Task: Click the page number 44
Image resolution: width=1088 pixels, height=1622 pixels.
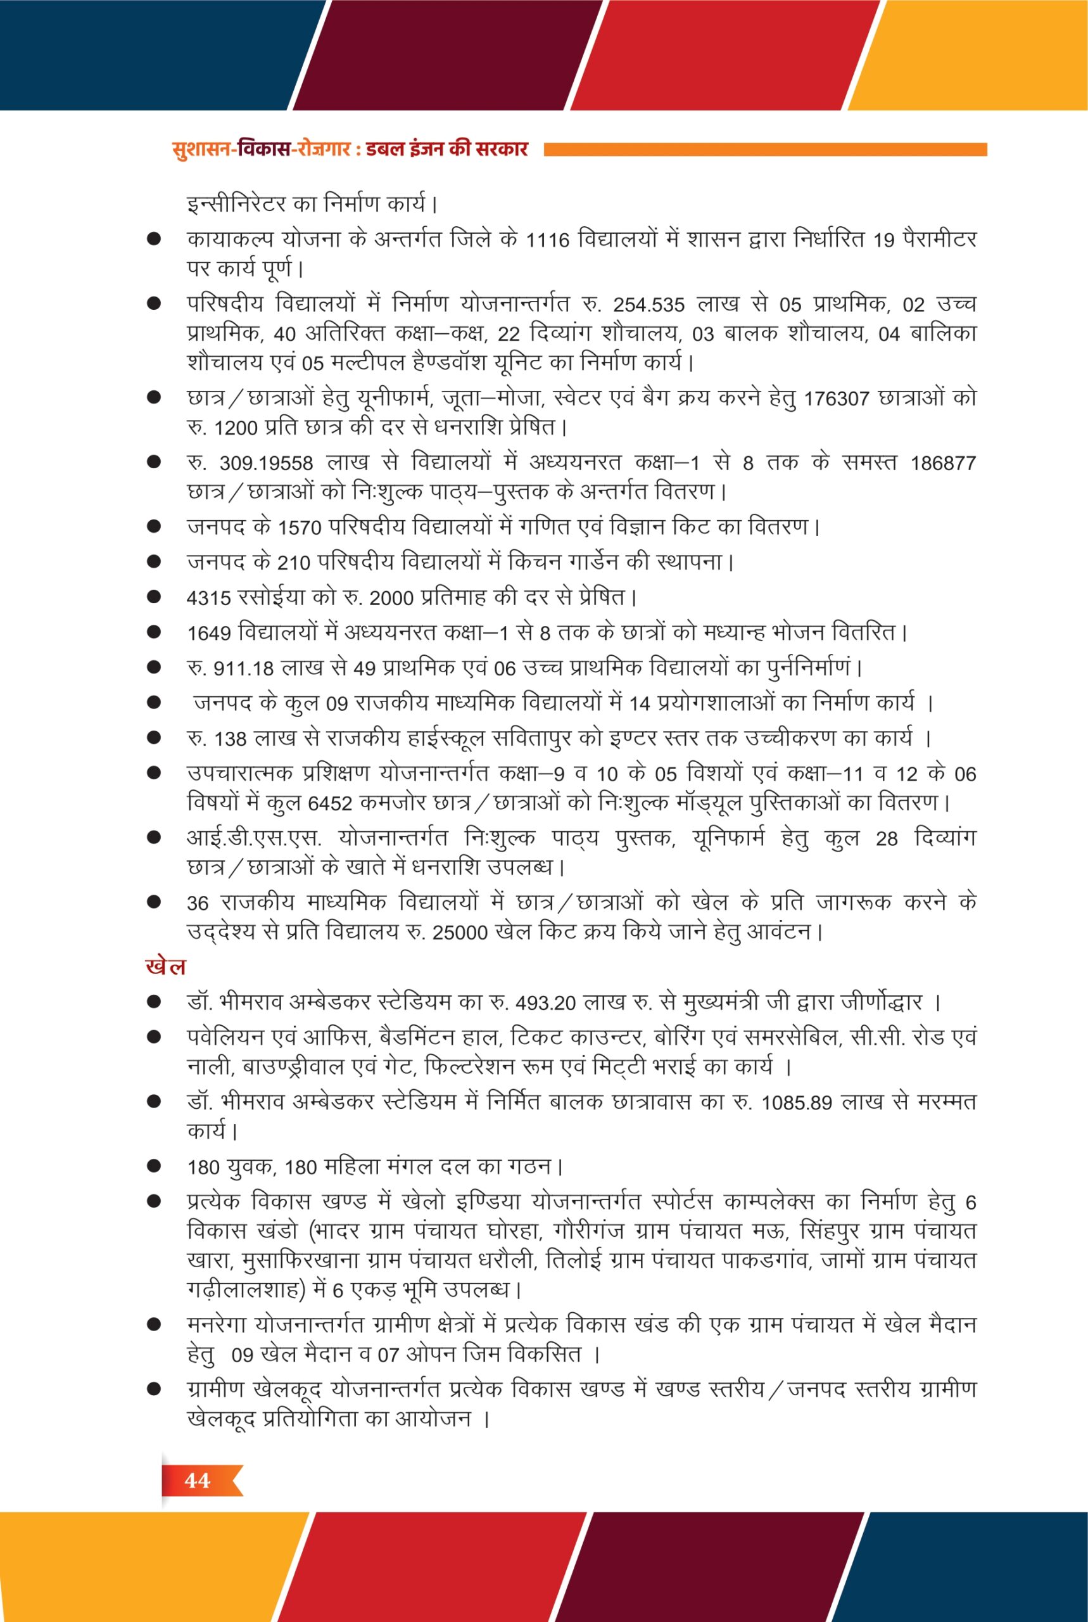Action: tap(197, 1481)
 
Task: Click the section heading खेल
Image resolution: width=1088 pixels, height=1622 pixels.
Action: tap(165, 967)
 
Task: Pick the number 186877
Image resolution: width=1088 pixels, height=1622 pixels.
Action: tap(943, 463)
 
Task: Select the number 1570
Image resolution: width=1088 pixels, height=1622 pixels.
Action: tap(300, 528)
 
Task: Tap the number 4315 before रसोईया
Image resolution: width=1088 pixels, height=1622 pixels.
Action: tap(209, 597)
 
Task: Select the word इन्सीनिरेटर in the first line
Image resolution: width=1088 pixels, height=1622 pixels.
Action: tap(236, 205)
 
